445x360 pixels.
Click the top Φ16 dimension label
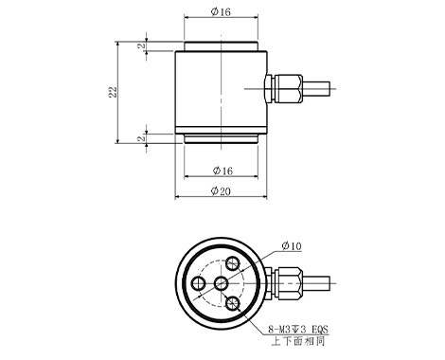[x=221, y=11]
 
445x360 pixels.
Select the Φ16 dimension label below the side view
[x=222, y=171]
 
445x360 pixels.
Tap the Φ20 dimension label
[x=221, y=190]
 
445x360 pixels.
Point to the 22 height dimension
[x=113, y=92]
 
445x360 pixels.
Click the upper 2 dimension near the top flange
[x=142, y=45]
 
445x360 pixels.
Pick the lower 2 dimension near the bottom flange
[x=142, y=138]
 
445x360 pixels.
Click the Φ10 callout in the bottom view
[x=292, y=245]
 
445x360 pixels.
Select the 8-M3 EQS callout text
[x=298, y=330]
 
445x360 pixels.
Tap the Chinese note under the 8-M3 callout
[x=298, y=341]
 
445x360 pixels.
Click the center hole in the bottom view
[x=221, y=283]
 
